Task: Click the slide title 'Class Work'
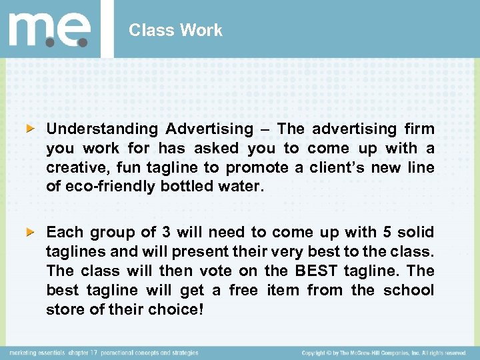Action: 175,30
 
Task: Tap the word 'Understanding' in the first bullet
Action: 103,129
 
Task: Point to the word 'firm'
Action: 419,129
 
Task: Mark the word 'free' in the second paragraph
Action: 244,291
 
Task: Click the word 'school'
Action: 409,291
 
